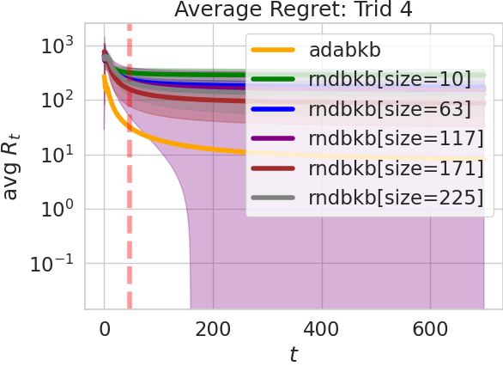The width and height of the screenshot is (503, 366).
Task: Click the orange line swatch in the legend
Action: click(x=274, y=50)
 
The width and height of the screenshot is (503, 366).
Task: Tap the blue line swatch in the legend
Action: click(x=274, y=109)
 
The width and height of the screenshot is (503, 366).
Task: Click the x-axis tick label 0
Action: click(x=105, y=329)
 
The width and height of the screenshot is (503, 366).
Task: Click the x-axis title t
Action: click(x=294, y=352)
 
